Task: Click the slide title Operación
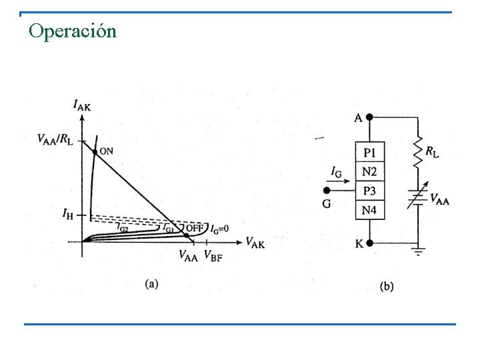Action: pyautogui.click(x=73, y=31)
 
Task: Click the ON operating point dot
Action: pyautogui.click(x=95, y=151)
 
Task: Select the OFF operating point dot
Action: pyautogui.click(x=187, y=235)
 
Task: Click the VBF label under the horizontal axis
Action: pyautogui.click(x=214, y=255)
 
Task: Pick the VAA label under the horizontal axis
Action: pyautogui.click(x=189, y=255)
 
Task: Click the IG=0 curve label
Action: pyautogui.click(x=219, y=229)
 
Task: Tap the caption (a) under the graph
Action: pyautogui.click(x=152, y=283)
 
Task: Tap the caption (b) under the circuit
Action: pyautogui.click(x=387, y=287)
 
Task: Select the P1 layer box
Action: pyautogui.click(x=369, y=153)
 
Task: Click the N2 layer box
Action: pyautogui.click(x=369, y=171)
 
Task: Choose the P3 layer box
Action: pyautogui.click(x=369, y=191)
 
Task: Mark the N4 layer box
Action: pyautogui.click(x=369, y=211)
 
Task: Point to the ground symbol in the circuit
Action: pyautogui.click(x=419, y=252)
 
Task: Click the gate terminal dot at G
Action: pyautogui.click(x=326, y=190)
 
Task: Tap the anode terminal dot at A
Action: pyautogui.click(x=370, y=116)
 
